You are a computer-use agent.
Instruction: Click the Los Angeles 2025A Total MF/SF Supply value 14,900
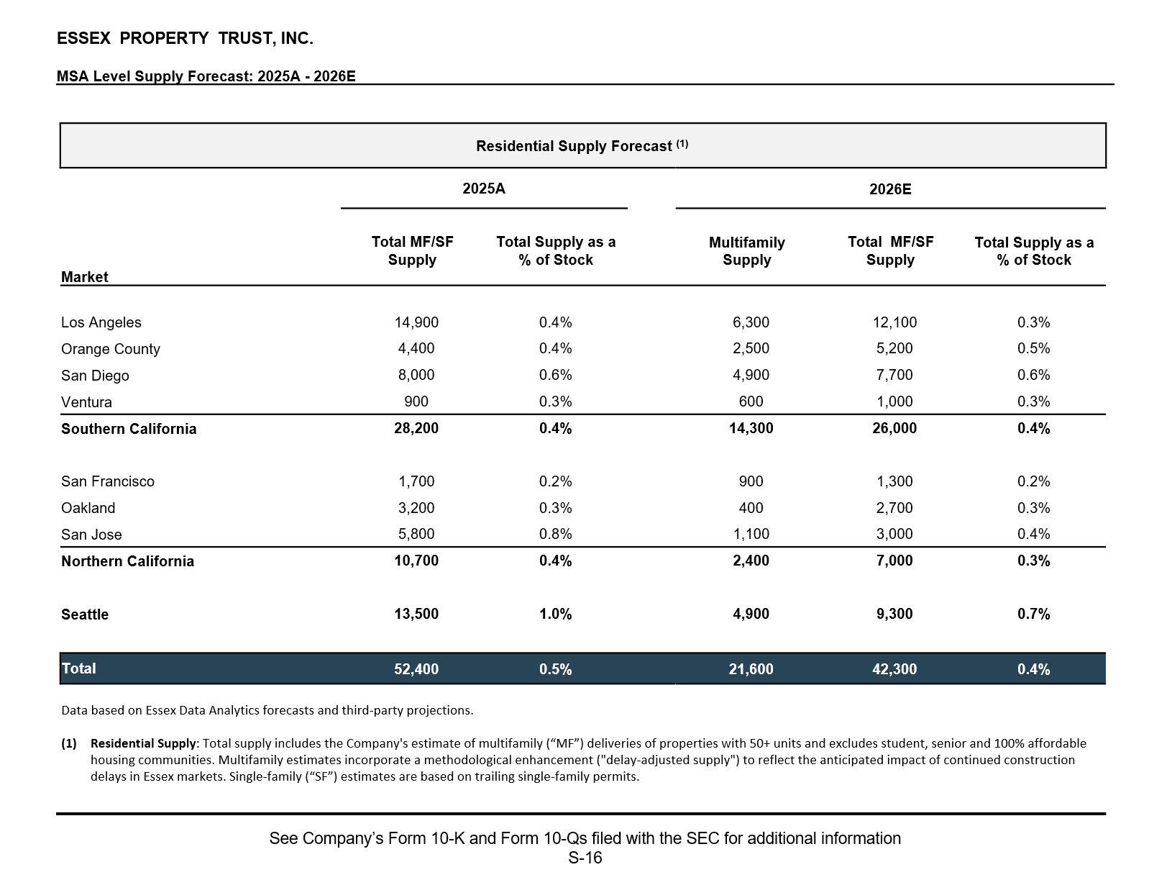[416, 322]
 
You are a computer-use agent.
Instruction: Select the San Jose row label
[91, 535]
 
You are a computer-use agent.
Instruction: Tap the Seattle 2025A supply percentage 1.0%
[555, 614]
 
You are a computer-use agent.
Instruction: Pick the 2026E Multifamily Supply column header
[746, 251]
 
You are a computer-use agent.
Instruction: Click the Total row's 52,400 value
[416, 669]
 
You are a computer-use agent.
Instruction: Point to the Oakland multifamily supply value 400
[751, 508]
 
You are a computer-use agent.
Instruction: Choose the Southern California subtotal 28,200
[416, 428]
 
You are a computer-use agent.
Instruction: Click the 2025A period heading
[483, 189]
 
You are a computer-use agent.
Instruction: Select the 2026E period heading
[889, 189]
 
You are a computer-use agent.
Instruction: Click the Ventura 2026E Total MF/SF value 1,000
[894, 402]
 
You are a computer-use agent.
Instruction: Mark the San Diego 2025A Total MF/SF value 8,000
[416, 375]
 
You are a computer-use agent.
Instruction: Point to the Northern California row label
[127, 561]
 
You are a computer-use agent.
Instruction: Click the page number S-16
[585, 858]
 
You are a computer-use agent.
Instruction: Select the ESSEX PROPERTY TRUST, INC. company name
[185, 39]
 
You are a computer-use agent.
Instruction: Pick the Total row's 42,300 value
[894, 669]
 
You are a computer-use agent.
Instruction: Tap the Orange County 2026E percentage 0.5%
[1033, 348]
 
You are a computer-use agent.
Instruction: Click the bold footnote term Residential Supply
[143, 743]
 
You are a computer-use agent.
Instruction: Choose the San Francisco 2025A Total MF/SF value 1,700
[416, 481]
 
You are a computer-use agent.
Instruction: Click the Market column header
[84, 277]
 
